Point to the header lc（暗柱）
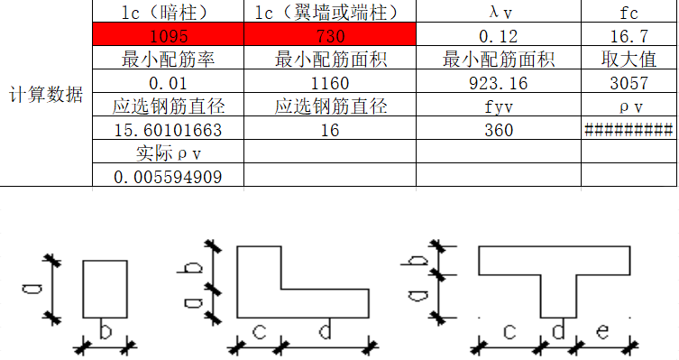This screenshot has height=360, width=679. point(168,13)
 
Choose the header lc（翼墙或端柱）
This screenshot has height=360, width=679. point(330,13)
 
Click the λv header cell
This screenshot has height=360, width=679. point(499,13)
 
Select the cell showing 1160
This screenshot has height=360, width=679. point(330,84)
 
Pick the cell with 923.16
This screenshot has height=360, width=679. point(499,84)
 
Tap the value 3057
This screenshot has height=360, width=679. point(629,84)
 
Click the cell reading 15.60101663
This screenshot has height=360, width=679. point(168,130)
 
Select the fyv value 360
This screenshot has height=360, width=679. point(499,130)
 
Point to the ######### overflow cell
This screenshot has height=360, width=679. point(629,130)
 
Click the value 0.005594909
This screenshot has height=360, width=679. point(168,177)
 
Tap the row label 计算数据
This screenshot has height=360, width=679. point(46,95)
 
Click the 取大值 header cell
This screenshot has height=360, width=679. point(629,60)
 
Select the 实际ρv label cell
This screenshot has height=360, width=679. point(168,153)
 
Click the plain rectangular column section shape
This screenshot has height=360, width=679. point(105,289)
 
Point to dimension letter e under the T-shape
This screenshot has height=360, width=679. point(602,332)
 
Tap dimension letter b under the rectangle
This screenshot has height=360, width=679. point(105,333)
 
